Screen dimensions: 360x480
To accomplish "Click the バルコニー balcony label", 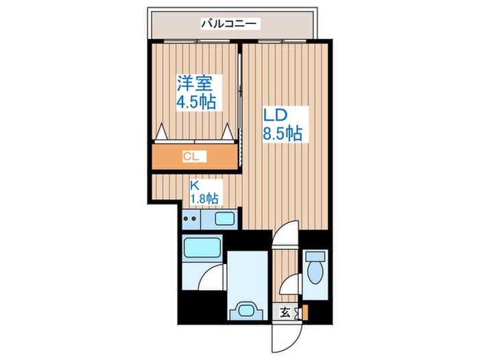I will point(229,24).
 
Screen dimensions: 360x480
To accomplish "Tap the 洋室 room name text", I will point(194,84).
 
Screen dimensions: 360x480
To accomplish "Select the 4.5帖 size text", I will point(197,103).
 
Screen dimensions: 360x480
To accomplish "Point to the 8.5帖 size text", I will point(282,132).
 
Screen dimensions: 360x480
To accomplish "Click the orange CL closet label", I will point(191,157).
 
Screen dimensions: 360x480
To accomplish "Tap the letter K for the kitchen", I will point(194,184).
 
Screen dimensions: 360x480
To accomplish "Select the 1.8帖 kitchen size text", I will point(204,198).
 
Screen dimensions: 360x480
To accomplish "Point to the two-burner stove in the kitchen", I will point(191,220).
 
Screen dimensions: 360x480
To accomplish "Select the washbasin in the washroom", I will point(245,309).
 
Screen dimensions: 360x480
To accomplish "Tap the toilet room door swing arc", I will point(293,282).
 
